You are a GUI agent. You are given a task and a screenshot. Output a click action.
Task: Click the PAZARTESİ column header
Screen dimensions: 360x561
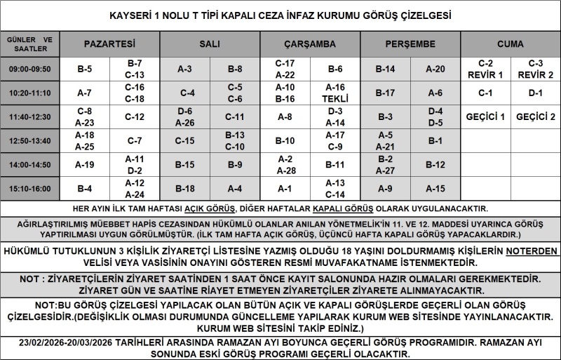coord(109,44)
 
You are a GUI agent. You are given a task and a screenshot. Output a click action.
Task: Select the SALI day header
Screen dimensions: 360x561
coord(210,44)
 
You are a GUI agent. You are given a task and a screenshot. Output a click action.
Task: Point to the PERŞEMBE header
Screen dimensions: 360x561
coord(410,44)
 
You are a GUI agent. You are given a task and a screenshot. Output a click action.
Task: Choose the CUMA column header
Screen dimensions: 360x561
coord(510,44)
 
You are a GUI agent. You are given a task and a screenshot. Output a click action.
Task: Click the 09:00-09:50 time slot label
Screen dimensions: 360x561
coord(29,69)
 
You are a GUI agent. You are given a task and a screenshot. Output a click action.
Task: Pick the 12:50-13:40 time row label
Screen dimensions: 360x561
coord(29,140)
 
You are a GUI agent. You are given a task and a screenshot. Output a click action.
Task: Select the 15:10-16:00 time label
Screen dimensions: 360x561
coord(29,188)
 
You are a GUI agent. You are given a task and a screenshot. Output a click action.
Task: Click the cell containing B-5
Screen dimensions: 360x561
coord(84,69)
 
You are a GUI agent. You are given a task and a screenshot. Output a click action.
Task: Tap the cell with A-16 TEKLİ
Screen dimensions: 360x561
coord(335,93)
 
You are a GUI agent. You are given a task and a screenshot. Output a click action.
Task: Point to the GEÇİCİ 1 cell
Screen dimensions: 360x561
coord(485,116)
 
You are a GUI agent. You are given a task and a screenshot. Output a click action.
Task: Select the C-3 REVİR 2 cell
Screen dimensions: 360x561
coord(536,69)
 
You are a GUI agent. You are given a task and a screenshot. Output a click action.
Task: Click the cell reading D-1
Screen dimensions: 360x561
coord(536,93)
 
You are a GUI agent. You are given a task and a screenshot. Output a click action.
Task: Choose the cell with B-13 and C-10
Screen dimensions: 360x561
coord(235,140)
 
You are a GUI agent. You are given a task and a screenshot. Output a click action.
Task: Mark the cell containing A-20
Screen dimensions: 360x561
coord(435,69)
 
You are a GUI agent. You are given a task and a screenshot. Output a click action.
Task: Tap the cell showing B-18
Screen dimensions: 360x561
coord(184,188)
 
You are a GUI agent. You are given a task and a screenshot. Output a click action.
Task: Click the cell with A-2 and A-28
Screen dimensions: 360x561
coord(285,164)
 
